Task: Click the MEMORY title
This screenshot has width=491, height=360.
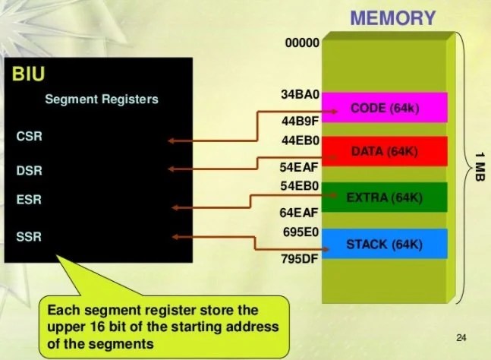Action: [x=392, y=17]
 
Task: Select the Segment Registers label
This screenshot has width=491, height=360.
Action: [x=101, y=99]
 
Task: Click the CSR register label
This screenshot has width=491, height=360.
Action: [x=29, y=137]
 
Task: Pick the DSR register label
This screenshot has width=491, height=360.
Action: [x=29, y=169]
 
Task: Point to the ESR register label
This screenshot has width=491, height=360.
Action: [x=29, y=201]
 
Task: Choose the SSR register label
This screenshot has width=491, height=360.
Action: [x=29, y=237]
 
